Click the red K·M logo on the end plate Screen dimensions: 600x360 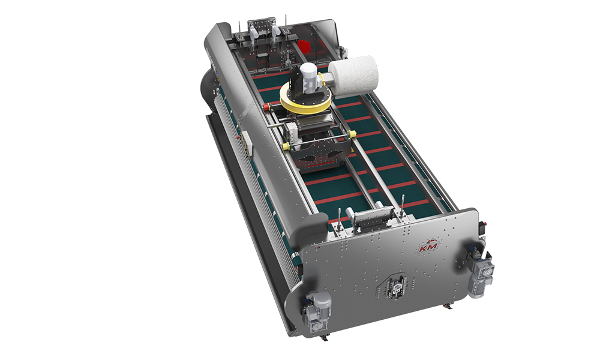(x=428, y=247)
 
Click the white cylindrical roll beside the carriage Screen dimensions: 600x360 (x=353, y=75)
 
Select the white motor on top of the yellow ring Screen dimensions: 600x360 (x=310, y=79)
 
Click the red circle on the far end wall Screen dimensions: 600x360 (x=304, y=46)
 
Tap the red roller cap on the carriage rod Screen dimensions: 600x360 (x=266, y=106)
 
